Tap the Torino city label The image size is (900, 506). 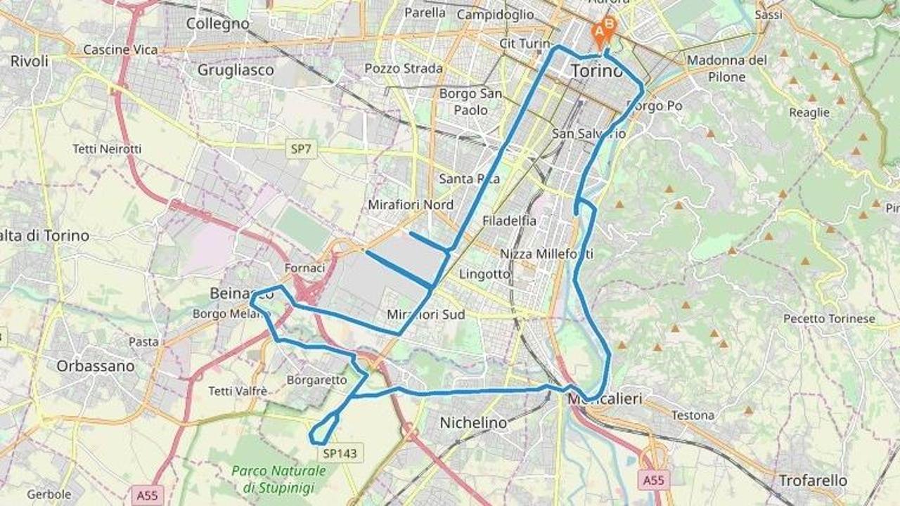pyautogui.click(x=596, y=71)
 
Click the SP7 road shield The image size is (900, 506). pyautogui.click(x=302, y=149)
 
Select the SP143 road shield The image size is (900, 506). pyautogui.click(x=340, y=453)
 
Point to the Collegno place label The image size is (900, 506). pyautogui.click(x=218, y=23)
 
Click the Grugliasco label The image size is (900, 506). pyautogui.click(x=236, y=70)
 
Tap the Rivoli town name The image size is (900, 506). pyautogui.click(x=30, y=61)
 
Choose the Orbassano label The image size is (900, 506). pyautogui.click(x=95, y=366)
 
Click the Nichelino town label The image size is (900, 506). pyautogui.click(x=473, y=423)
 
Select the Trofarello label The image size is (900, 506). pyautogui.click(x=813, y=481)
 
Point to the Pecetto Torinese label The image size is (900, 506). pyautogui.click(x=829, y=319)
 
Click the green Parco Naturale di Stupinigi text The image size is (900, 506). pyautogui.click(x=279, y=479)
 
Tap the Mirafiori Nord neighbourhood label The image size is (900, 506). pyautogui.click(x=411, y=205)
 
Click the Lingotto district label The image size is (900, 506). pyautogui.click(x=484, y=274)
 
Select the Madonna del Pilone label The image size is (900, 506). pyautogui.click(x=726, y=68)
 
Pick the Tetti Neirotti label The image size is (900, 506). pyautogui.click(x=107, y=149)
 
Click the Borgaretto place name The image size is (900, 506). pyautogui.click(x=317, y=380)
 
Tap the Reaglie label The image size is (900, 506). pyautogui.click(x=809, y=112)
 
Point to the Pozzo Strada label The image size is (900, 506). pyautogui.click(x=404, y=68)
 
